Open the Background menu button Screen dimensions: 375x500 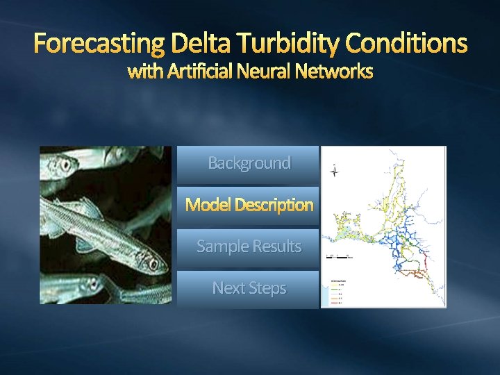point(249,164)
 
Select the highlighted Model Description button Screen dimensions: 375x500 point(249,206)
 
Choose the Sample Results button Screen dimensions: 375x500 point(249,247)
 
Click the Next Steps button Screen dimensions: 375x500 point(249,289)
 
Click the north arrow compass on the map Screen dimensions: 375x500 point(335,171)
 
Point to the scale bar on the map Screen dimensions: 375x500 point(340,257)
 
